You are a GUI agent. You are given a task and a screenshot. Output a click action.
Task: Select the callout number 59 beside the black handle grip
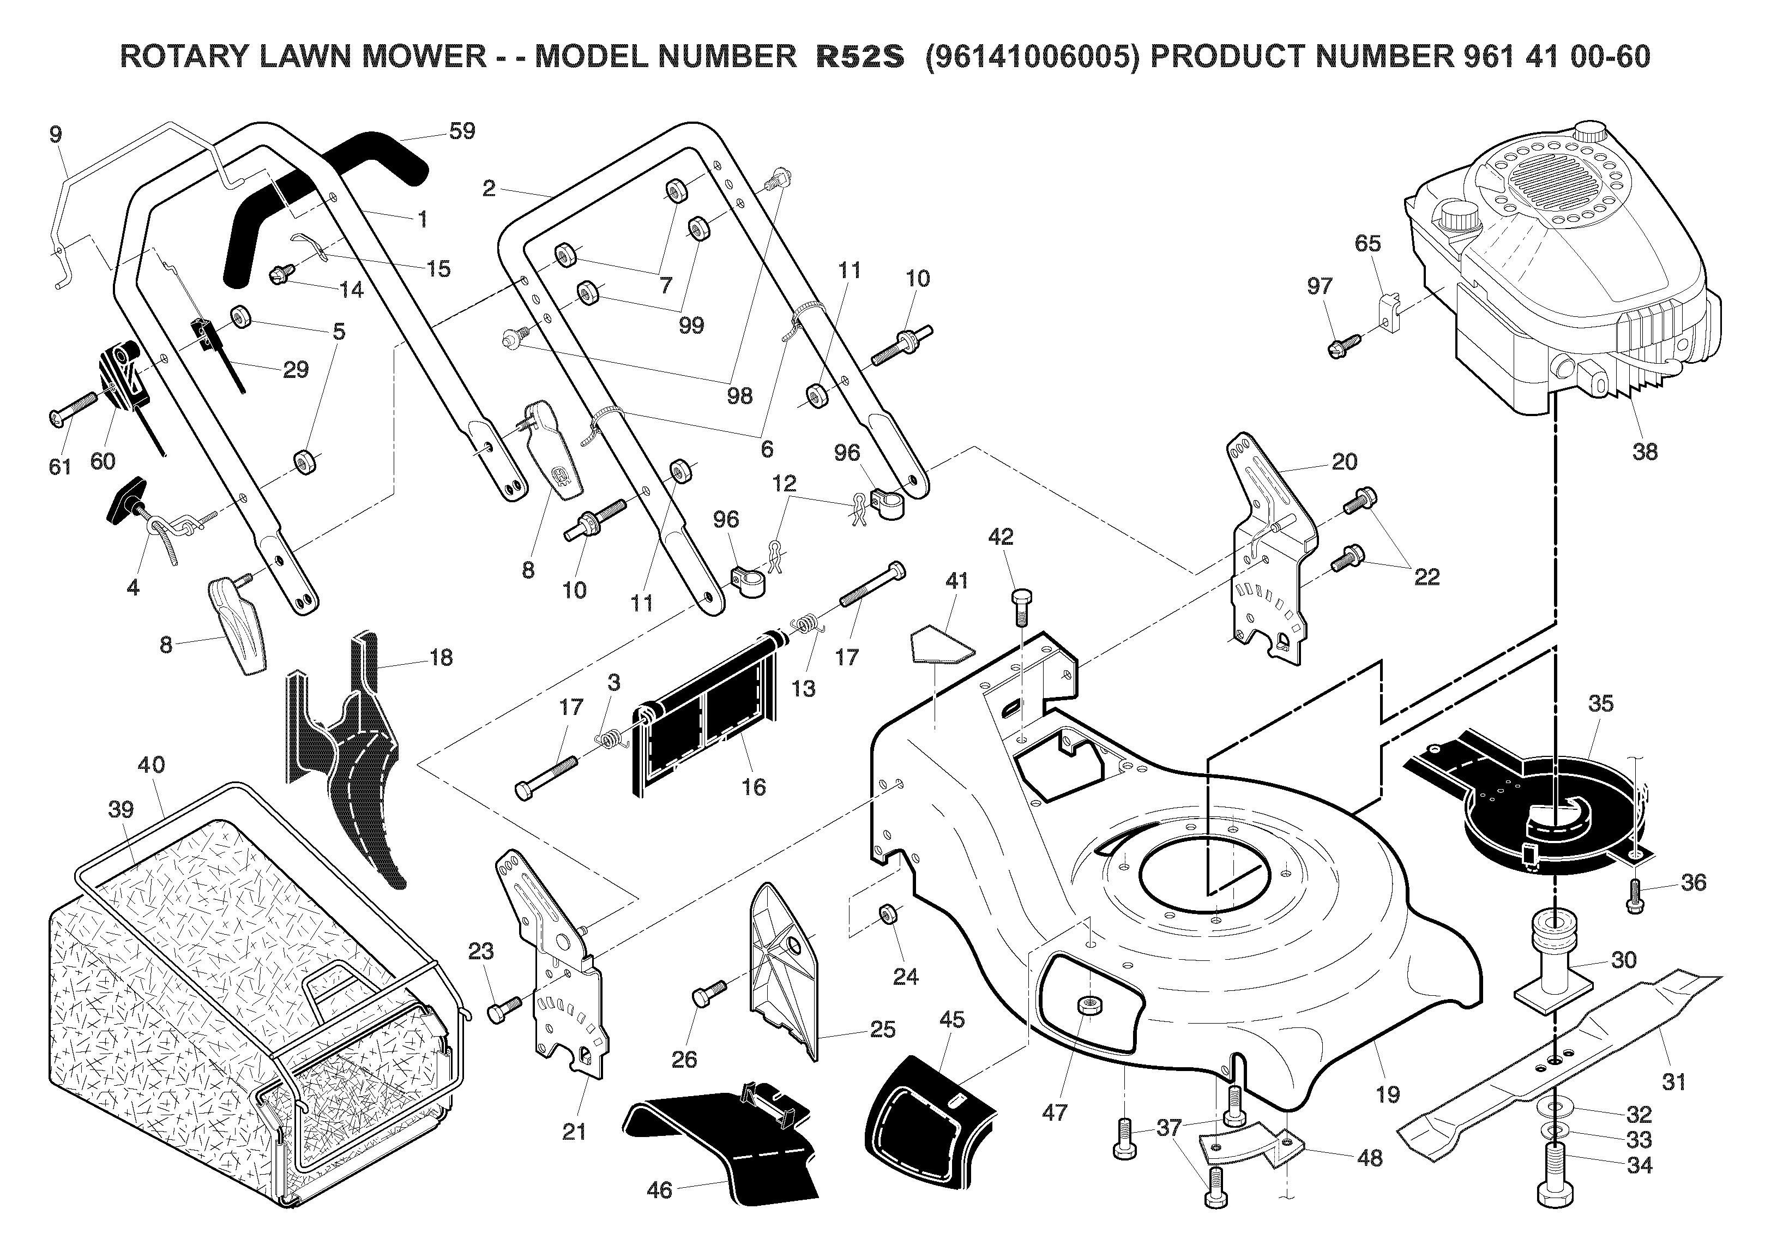pos(461,131)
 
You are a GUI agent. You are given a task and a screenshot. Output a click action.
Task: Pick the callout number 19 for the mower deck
pos(1387,1094)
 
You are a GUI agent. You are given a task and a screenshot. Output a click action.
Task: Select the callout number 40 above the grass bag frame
pos(151,765)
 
